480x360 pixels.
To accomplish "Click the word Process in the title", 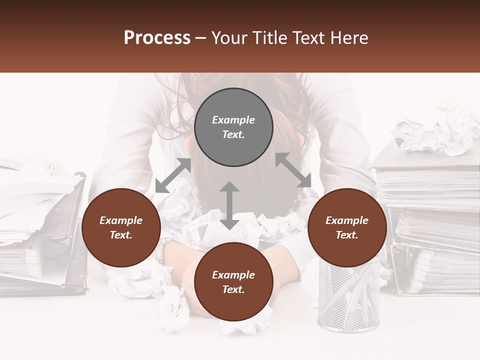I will (x=157, y=38).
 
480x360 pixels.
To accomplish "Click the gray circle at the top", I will (x=233, y=127).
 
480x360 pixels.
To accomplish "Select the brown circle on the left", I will (x=121, y=227).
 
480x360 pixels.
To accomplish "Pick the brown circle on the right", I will (x=347, y=227).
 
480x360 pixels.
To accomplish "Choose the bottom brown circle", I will (x=233, y=282).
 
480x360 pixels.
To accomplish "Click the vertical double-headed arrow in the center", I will (x=229, y=205).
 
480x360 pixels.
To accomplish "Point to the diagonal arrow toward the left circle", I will (x=173, y=175).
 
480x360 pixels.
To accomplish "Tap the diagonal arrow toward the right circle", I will (x=293, y=170).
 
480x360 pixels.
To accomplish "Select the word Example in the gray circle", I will (x=233, y=120).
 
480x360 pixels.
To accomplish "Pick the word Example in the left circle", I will (x=121, y=220).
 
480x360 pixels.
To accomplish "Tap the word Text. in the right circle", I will (x=347, y=235).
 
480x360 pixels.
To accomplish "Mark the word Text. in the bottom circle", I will (x=233, y=289).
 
